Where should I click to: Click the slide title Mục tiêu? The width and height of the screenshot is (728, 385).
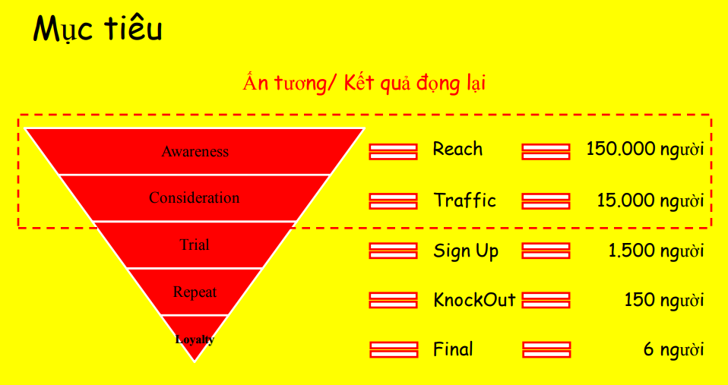coord(98,30)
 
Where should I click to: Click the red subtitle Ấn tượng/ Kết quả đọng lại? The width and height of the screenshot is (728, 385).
coord(364,83)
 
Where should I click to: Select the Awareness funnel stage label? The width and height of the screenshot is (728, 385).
coord(195,151)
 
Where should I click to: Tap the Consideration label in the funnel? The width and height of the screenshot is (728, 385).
coord(194,198)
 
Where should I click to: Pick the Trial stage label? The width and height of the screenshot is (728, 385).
coord(195,245)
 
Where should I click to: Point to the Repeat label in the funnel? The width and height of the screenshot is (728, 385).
coord(195,292)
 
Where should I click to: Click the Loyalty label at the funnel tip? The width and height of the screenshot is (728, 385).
coord(195,339)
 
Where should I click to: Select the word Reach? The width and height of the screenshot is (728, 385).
coord(457,149)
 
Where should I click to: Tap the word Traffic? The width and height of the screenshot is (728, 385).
coord(465,200)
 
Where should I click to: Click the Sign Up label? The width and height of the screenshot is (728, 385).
coord(466,251)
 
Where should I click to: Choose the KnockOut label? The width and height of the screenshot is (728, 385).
coord(474,300)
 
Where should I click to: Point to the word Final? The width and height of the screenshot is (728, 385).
coord(453,349)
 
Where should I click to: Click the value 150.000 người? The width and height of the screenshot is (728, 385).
coord(644,149)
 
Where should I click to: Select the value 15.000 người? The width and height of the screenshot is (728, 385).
coord(650,200)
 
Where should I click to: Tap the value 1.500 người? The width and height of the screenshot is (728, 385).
coord(656,251)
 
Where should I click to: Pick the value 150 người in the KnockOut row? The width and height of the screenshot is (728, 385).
coord(663,300)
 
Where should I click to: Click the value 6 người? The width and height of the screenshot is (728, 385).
coord(673,349)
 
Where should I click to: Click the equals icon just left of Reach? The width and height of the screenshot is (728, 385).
coord(393,151)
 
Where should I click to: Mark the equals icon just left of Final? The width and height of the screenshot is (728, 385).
coord(394,349)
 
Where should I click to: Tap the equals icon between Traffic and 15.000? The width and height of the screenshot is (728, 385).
coord(546,201)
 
